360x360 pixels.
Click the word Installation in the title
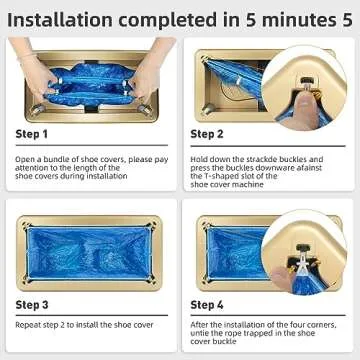62,17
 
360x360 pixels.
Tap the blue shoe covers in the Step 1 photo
90,78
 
